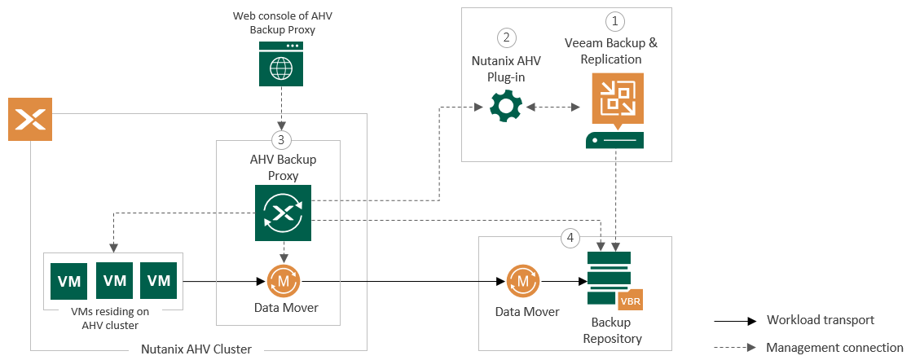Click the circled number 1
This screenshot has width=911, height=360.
pyautogui.click(x=614, y=20)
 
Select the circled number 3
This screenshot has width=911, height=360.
pyautogui.click(x=281, y=139)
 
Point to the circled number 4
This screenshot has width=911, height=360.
pyautogui.click(x=570, y=238)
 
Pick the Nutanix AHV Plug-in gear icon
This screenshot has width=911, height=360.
pyautogui.click(x=505, y=107)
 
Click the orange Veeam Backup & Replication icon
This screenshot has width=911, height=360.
pyautogui.click(x=616, y=99)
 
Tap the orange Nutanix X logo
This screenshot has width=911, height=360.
pyautogui.click(x=30, y=119)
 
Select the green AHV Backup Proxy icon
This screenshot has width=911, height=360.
pyautogui.click(x=284, y=213)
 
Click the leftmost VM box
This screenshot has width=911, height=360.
pyautogui.click(x=69, y=281)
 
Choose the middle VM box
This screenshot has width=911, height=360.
pyautogui.click(x=114, y=281)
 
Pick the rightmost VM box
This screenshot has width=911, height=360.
pyautogui.click(x=158, y=281)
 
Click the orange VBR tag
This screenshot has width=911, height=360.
pyautogui.click(x=631, y=301)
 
